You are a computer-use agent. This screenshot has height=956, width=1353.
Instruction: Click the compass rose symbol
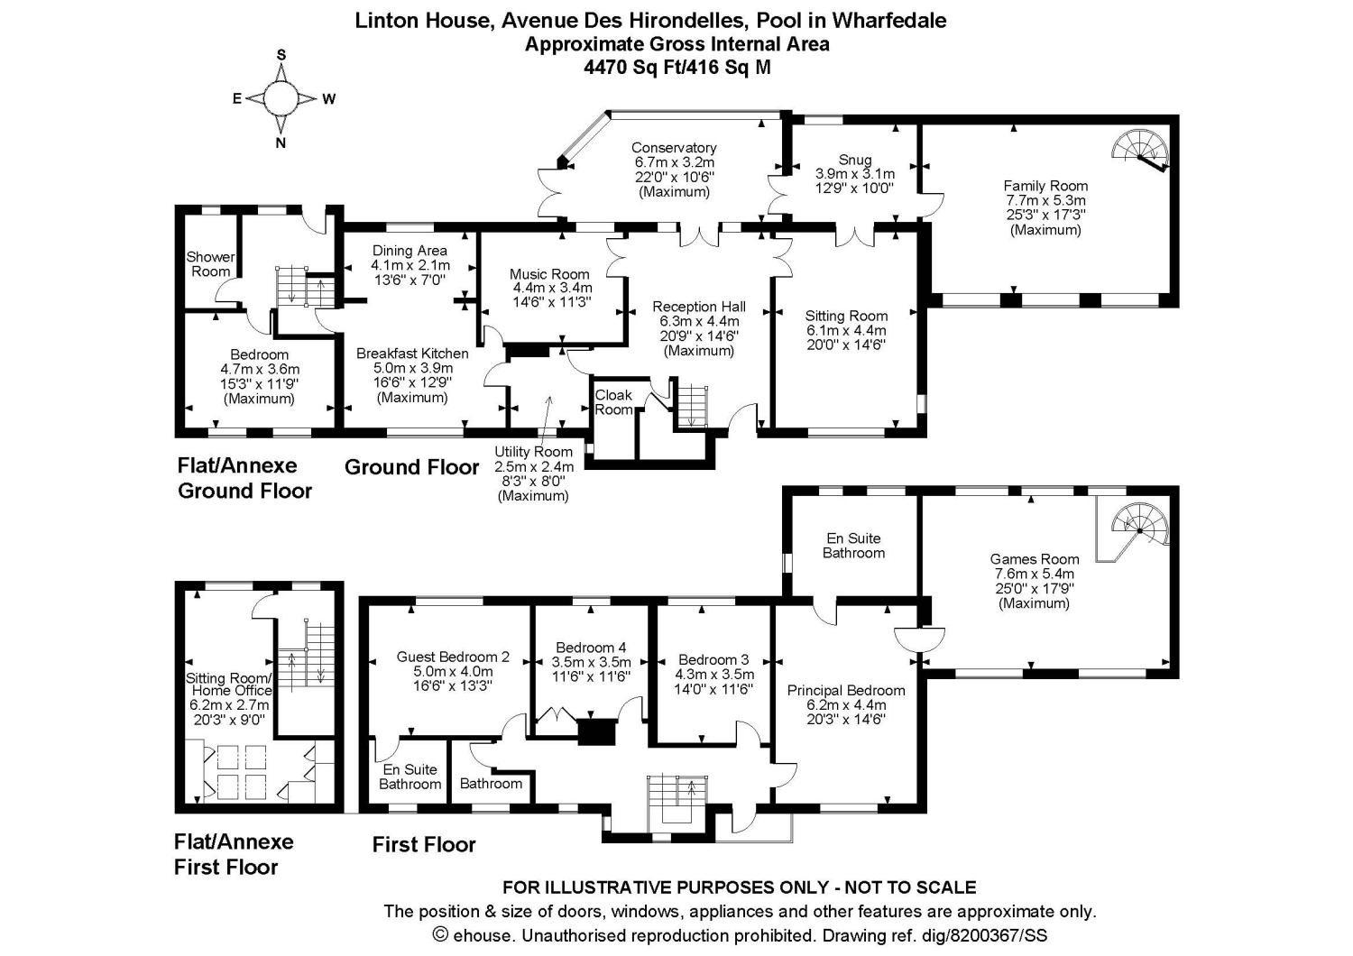(281, 98)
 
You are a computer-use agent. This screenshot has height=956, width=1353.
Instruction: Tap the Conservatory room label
(674, 148)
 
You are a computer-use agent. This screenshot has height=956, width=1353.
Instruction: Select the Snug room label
(854, 160)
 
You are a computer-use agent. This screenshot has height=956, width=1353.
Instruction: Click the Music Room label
(549, 274)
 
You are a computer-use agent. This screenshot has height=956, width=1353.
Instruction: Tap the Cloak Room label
(613, 402)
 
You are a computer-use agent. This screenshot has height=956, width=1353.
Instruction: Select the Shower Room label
(210, 264)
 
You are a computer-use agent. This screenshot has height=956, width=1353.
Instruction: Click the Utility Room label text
(533, 452)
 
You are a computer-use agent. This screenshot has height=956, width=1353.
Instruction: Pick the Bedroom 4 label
(591, 647)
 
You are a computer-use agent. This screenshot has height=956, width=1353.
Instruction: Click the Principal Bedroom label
(846, 691)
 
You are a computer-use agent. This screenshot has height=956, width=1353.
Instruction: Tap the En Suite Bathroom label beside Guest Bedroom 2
(410, 777)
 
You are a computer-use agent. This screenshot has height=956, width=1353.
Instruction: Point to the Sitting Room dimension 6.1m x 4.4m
(846, 330)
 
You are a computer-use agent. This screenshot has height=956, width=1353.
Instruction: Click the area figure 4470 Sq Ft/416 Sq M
(677, 67)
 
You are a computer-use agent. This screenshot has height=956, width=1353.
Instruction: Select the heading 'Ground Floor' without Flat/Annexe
(411, 467)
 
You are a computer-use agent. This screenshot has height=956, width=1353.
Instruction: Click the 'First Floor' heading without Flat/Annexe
(424, 845)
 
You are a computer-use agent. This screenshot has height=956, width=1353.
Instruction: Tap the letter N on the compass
(281, 142)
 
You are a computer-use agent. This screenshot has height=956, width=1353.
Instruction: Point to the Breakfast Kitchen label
(412, 354)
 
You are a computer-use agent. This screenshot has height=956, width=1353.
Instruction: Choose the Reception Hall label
(699, 307)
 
